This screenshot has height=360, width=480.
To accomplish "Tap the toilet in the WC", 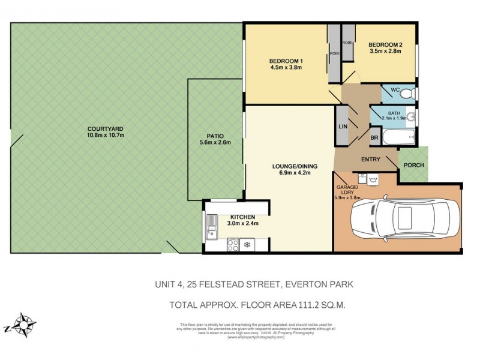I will coord(407,94).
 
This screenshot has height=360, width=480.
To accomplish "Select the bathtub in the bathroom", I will coord(395,137).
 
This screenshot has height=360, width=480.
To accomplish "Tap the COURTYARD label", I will coord(105,128).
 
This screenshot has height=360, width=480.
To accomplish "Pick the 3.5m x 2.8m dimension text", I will coord(385,51).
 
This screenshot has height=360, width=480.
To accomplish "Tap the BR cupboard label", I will coord(374,137).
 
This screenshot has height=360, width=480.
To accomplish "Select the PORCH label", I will coord(414,166).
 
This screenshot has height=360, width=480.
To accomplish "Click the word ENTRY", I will coord(371,160).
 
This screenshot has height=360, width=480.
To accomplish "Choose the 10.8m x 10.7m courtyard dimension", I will coord(105,136).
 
